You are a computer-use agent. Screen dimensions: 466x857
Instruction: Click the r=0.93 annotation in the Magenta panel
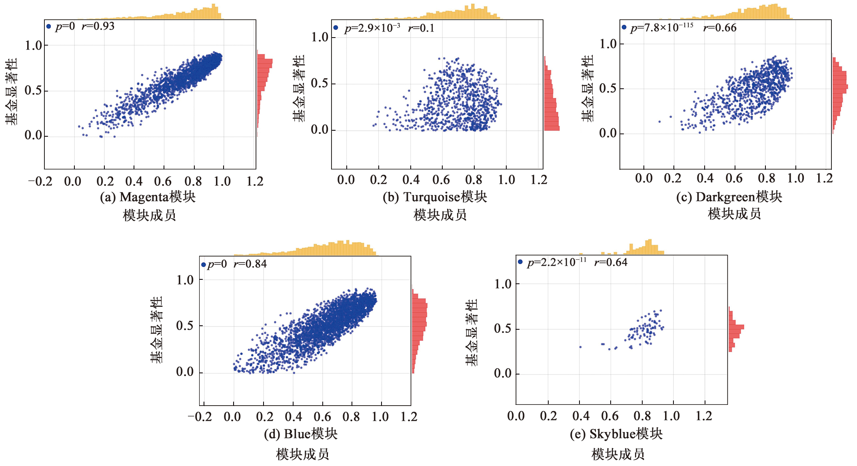point(98,26)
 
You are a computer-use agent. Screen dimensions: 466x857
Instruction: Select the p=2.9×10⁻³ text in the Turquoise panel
point(372,28)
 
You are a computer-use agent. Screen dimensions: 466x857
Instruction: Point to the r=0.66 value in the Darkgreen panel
point(719,28)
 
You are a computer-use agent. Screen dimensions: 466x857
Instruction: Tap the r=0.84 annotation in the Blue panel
point(250,264)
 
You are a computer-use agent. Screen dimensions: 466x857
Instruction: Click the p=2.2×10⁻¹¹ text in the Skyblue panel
point(557,263)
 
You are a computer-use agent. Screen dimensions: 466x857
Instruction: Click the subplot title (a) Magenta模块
point(148,197)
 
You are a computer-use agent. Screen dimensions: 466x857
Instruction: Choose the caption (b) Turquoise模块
point(435,197)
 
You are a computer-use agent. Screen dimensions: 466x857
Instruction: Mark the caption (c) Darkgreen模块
point(729,197)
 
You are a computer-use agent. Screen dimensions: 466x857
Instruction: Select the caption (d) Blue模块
point(301,434)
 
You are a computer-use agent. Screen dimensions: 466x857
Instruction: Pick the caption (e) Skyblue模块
point(616,434)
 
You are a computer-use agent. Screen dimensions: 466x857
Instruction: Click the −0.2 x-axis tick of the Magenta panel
point(40,181)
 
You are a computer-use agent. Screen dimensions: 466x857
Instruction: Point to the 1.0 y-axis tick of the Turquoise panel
point(320,37)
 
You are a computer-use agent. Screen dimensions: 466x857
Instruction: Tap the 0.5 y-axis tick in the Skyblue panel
point(502,329)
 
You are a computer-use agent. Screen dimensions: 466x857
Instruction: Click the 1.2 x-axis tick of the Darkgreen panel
point(824,178)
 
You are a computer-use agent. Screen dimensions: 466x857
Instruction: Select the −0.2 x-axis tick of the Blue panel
point(200,417)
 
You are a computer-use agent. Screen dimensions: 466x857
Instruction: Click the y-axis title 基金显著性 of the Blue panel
point(156,330)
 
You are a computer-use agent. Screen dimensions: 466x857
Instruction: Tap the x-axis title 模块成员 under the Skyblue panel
point(618,454)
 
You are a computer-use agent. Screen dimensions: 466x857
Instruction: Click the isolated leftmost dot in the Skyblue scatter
point(580,347)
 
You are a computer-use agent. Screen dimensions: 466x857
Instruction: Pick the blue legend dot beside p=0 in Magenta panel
point(49,26)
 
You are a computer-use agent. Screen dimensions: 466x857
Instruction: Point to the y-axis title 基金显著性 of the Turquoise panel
point(298,88)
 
